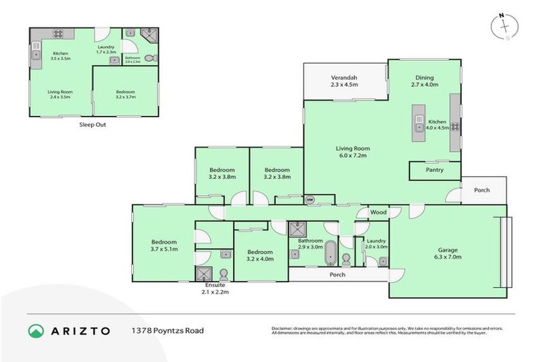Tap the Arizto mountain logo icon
pos(36,331)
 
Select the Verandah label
pos(344,81)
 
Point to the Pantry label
pos(435,170)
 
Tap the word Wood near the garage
pos(378,211)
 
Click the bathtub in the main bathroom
pos(330,252)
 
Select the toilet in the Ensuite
pos(224,274)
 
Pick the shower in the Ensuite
pos(204,274)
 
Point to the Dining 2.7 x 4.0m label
pos(424,81)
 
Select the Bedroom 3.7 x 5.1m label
pos(163,244)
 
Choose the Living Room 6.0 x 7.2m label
pos(352,152)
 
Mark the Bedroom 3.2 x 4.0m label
pos(260,255)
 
